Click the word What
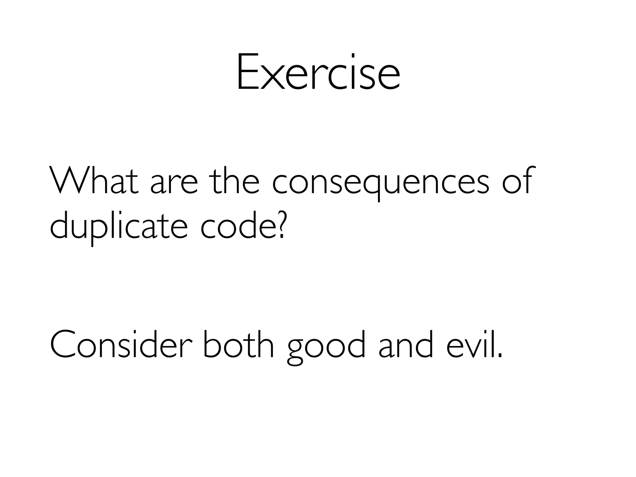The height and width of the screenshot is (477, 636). tap(93, 181)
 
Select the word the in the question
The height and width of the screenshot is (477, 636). tap(234, 181)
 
